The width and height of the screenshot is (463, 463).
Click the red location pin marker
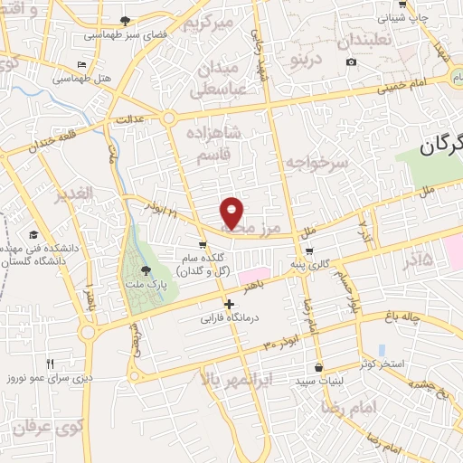pos(233,212)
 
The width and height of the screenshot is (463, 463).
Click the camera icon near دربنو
pos(351,62)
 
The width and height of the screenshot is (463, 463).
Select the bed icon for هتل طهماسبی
pos(83,65)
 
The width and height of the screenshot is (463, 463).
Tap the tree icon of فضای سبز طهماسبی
pos(125,21)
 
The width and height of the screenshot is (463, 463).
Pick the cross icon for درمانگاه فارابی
pos(230,305)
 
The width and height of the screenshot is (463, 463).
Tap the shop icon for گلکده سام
pos(203,245)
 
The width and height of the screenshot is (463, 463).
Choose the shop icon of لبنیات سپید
pos(319,367)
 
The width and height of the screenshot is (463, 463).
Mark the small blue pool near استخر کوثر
pos(382,349)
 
